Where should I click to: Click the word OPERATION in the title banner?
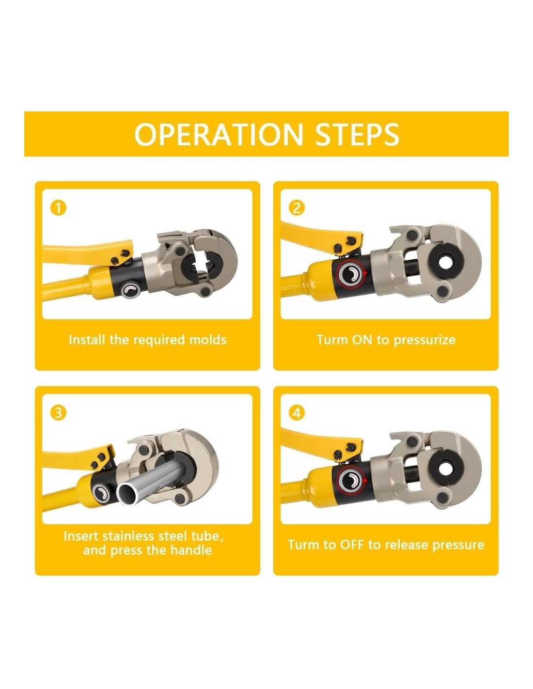coord(219,134)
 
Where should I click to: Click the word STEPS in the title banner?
coord(357,134)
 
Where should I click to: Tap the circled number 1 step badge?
coord(58,208)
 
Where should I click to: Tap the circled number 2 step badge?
coord(297,208)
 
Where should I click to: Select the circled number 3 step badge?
coord(58,413)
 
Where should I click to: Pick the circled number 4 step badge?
coord(297,413)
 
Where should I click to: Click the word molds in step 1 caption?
coord(208,340)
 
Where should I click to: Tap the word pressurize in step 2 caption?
coord(424,340)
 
